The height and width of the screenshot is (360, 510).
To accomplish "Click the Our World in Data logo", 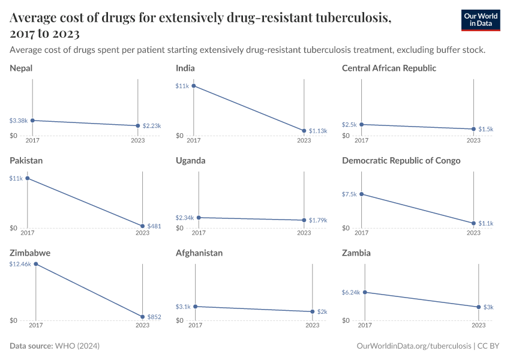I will tap(481, 20).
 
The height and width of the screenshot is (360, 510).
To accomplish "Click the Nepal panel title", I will tap(21, 68).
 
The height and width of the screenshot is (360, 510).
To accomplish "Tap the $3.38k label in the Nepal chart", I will tap(19, 121).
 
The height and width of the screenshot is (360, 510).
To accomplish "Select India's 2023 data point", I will tap(304, 131).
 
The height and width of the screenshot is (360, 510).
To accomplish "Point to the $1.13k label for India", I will tap(318, 131).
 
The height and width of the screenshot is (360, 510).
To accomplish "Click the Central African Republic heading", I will tap(389, 68).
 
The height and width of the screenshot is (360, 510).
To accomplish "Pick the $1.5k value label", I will tap(486, 129).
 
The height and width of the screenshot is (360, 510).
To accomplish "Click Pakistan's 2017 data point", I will tap(27, 178).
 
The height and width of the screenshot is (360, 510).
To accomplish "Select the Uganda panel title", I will tap(191, 161).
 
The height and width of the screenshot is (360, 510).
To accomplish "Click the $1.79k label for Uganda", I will tap(318, 220).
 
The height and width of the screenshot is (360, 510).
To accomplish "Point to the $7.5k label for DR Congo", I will tap(349, 194).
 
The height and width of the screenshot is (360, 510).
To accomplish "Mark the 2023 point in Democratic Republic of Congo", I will tap(473, 223).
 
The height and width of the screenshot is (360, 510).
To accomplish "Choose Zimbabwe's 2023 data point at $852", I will tap(142, 317).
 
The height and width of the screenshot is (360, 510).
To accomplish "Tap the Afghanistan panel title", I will tap(199, 253).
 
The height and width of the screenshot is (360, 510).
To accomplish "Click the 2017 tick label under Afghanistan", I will tap(195, 325).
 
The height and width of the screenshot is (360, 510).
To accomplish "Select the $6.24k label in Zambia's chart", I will tap(351, 292).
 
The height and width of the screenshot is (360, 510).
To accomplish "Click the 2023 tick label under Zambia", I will tap(478, 325).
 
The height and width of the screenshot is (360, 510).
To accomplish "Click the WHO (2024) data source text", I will tap(77, 346).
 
